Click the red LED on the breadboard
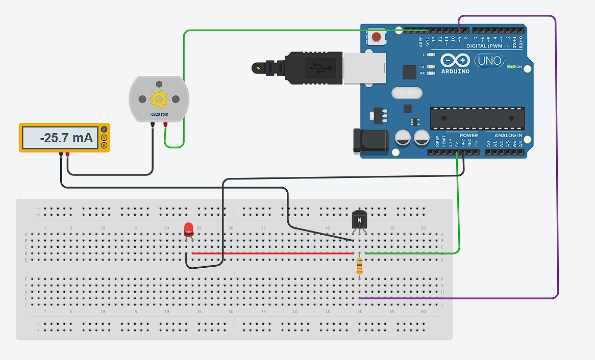click(189, 229)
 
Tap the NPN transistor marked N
click(359, 220)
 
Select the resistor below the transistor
click(360, 266)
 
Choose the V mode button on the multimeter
click(104, 138)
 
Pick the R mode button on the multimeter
click(104, 146)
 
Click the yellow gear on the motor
click(159, 98)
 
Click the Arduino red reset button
click(376, 37)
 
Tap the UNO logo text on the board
click(488, 61)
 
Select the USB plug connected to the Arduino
click(306, 67)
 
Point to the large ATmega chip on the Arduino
click(477, 118)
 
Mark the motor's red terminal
click(165, 124)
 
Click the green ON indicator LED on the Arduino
click(511, 67)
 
